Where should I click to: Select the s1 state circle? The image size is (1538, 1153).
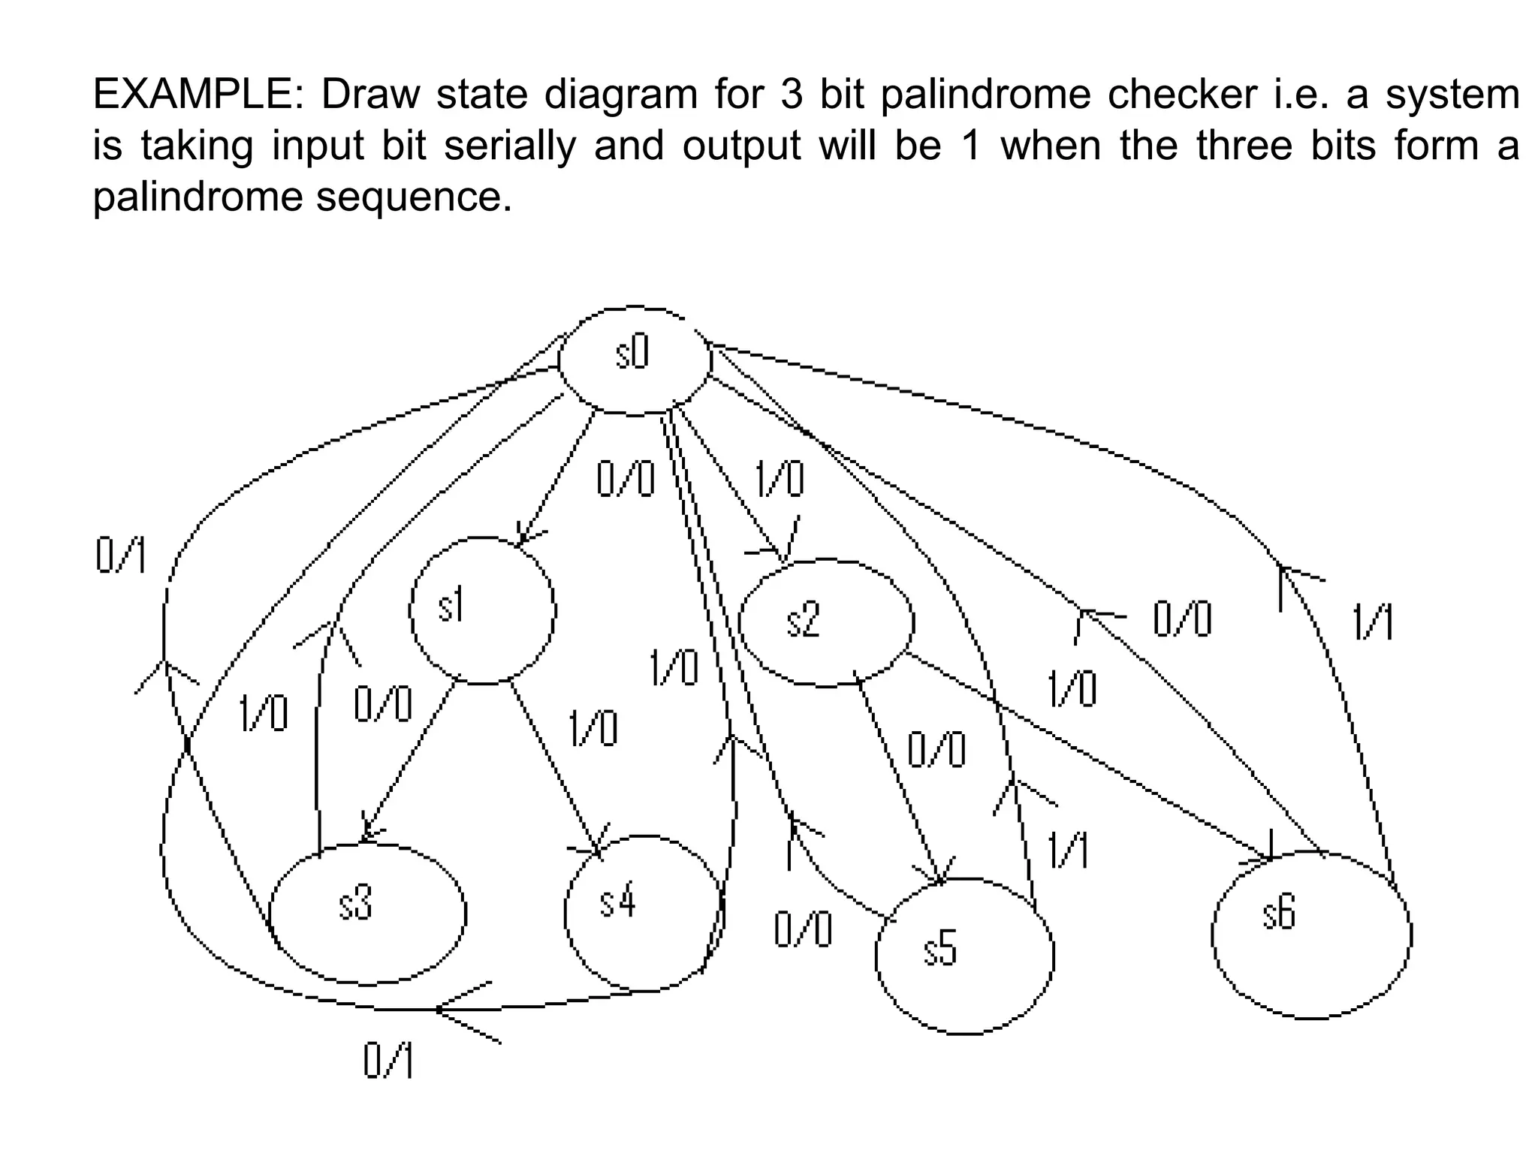pos(483,610)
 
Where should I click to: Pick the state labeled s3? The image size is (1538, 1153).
pos(367,913)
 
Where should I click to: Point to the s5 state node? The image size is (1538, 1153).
pos(964,956)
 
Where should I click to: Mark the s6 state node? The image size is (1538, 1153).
pos(1311,935)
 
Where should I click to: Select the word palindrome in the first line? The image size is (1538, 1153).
pos(985,95)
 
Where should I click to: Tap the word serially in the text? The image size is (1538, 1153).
pos(509,146)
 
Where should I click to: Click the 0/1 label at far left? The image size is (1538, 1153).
pos(121,557)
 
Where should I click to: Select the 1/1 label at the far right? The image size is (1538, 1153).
pos(1374,623)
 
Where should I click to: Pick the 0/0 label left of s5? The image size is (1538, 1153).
pos(803,930)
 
